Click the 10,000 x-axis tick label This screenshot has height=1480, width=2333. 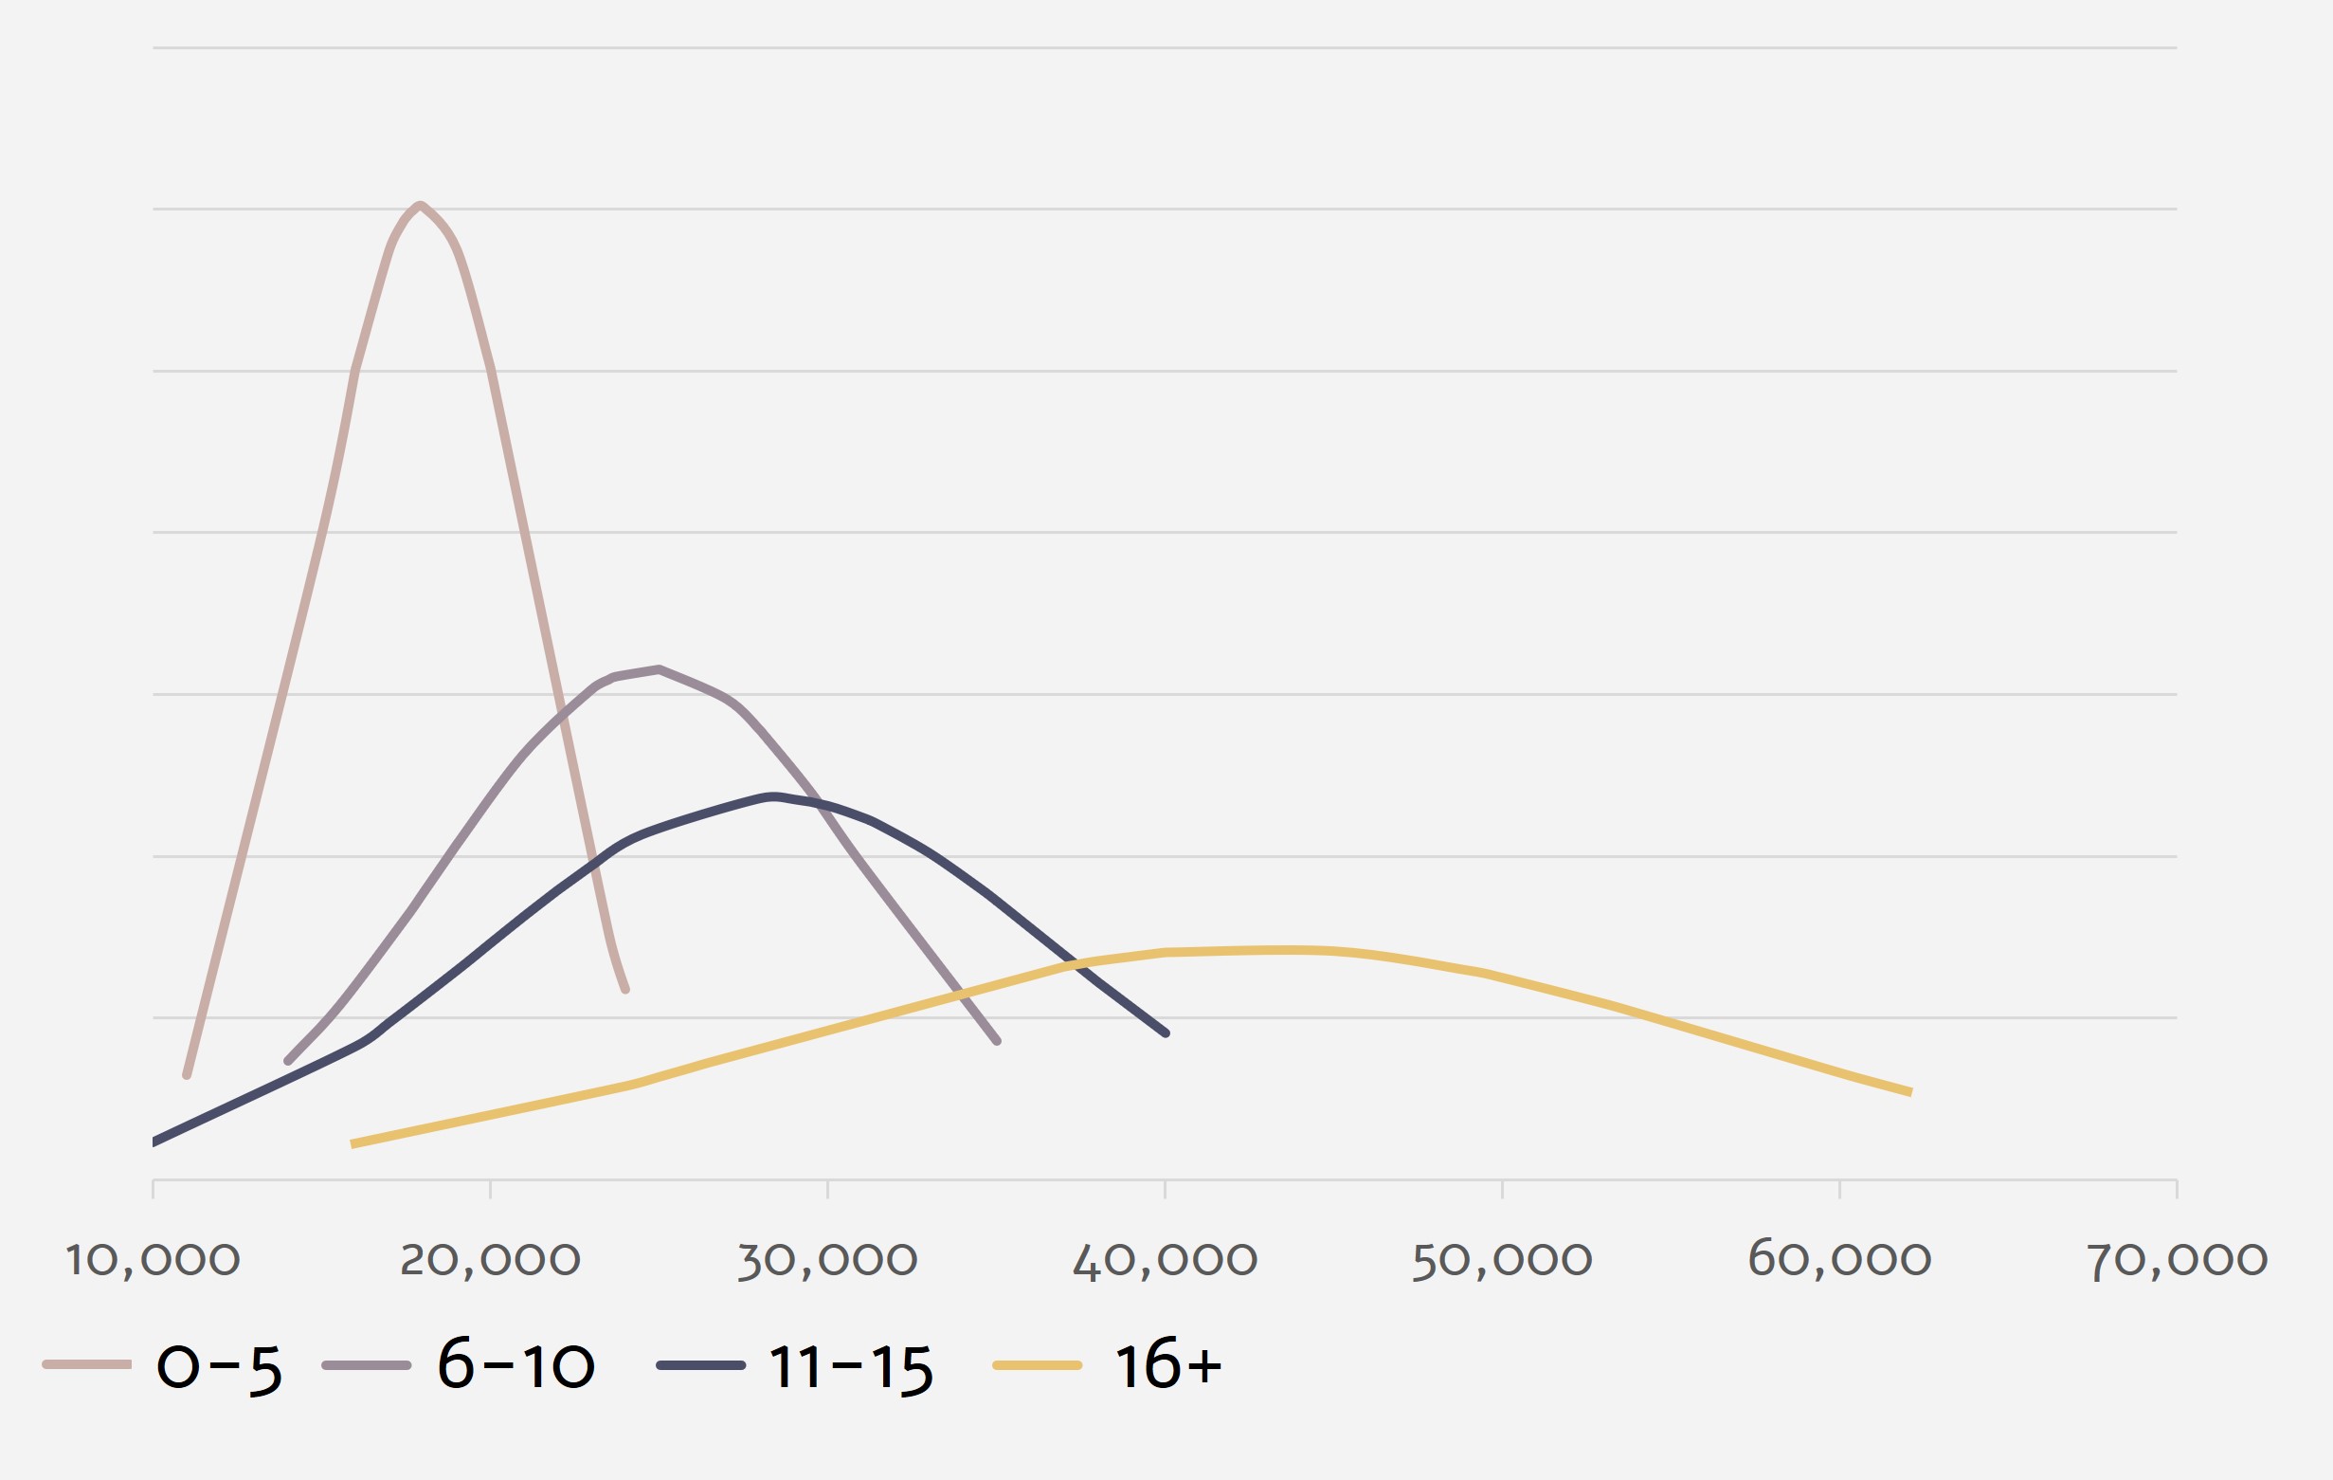click(x=153, y=1260)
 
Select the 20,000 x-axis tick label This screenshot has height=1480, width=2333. click(x=490, y=1260)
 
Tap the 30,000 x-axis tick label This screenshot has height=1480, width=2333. click(x=827, y=1260)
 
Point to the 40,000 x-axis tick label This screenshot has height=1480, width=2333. click(x=1165, y=1260)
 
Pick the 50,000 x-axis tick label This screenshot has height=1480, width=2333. click(x=1502, y=1260)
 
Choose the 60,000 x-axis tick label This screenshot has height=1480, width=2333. click(x=1839, y=1260)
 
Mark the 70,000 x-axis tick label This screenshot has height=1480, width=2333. click(x=2176, y=1260)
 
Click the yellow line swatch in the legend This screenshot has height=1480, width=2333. click(x=1037, y=1365)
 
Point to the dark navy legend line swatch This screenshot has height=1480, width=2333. click(x=700, y=1365)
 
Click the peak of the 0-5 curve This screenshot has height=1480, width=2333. click(x=421, y=205)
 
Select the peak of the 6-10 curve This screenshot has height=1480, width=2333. click(x=659, y=668)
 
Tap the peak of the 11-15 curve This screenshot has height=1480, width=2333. click(x=772, y=796)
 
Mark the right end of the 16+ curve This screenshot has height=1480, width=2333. click(x=1910, y=1092)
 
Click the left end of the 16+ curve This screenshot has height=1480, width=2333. click(x=352, y=1144)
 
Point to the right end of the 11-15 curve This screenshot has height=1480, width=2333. click(x=1166, y=1033)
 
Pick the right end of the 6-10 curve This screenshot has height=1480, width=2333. click(x=997, y=1042)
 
